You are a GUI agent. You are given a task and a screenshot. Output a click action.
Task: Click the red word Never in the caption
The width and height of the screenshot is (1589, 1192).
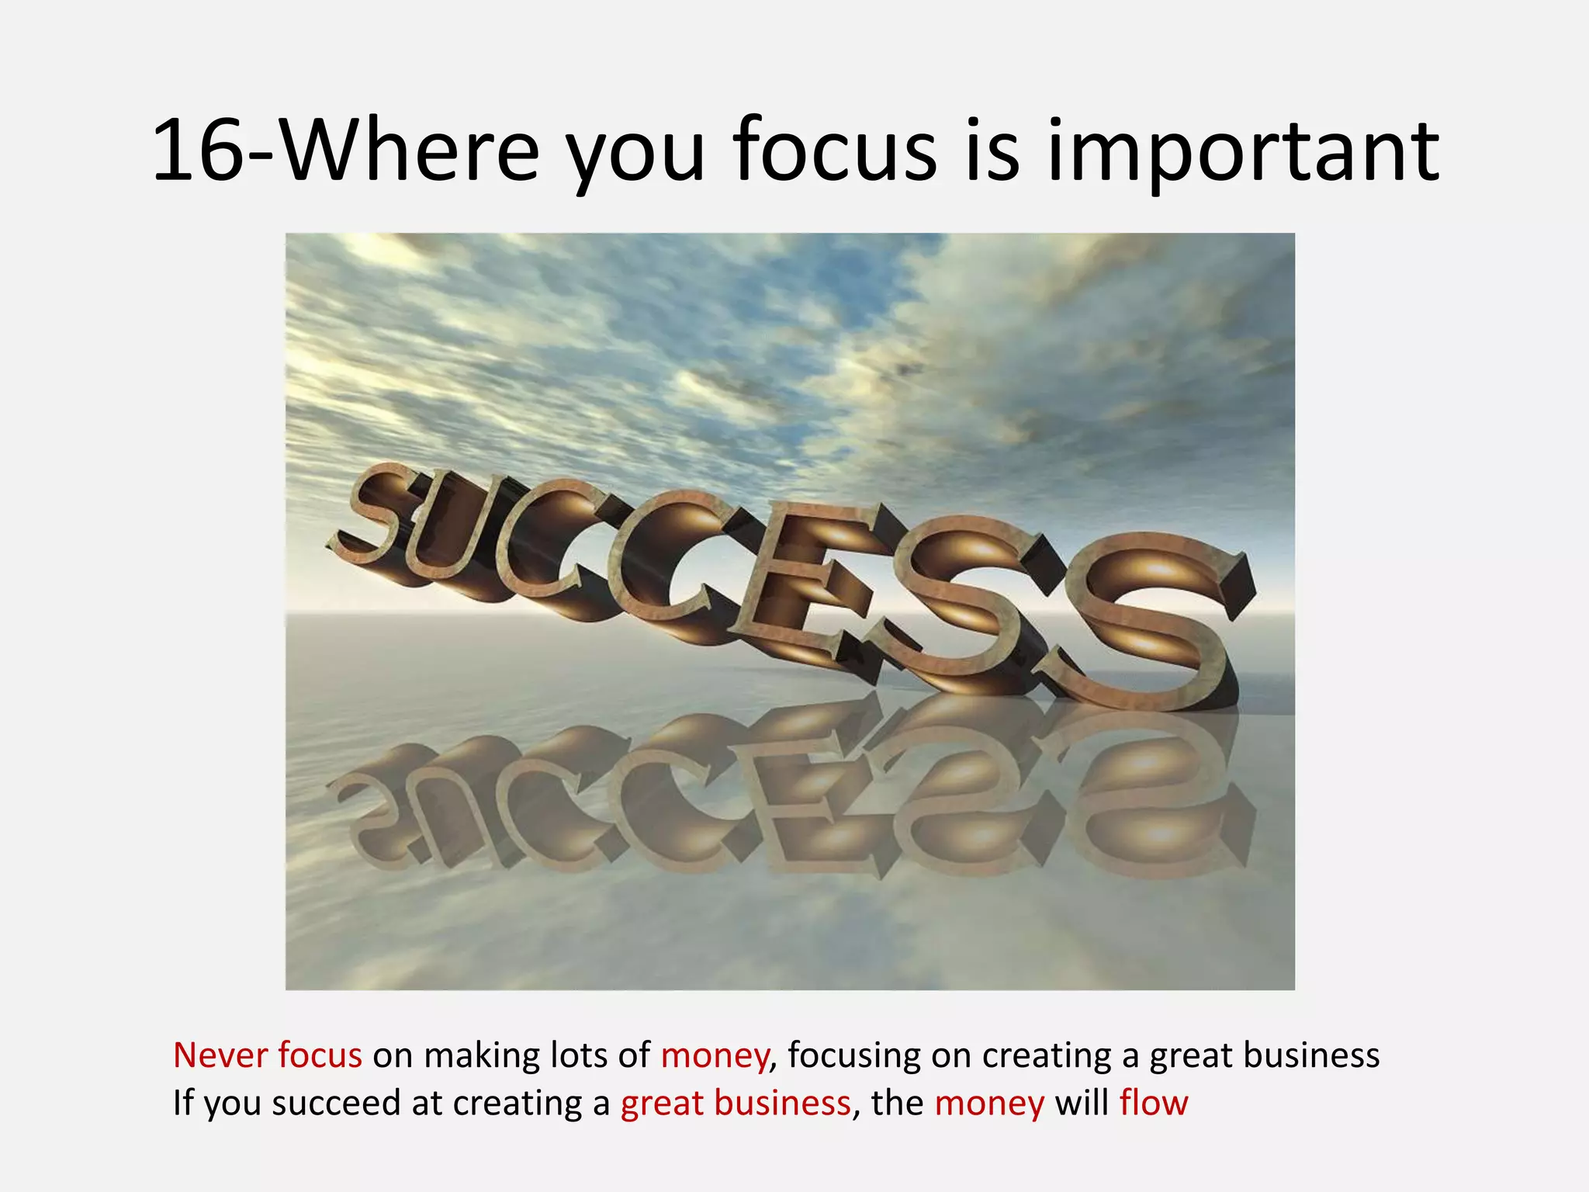coord(220,1055)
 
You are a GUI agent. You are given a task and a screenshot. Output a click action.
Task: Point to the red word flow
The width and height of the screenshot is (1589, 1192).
coord(1153,1103)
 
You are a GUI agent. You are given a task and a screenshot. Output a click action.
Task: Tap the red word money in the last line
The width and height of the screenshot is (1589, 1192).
coord(989,1103)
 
